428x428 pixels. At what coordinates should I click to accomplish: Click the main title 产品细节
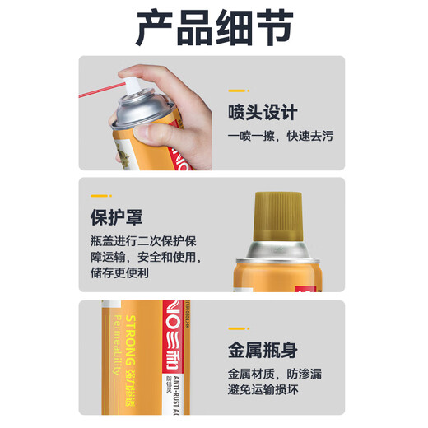[213, 27]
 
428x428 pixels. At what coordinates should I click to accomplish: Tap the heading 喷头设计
[263, 113]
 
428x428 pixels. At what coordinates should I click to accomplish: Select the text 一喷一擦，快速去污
[286, 137]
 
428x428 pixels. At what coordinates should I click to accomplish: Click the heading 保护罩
[116, 218]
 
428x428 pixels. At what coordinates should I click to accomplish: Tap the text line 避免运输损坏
[275, 393]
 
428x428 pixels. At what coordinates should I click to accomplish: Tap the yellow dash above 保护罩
[100, 195]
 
